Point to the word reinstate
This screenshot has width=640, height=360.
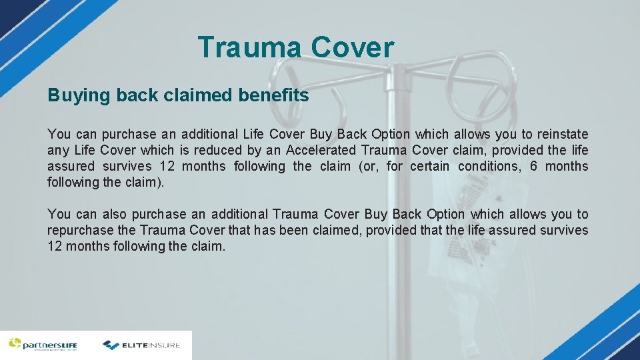pyautogui.click(x=563, y=134)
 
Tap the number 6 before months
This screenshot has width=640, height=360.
pyautogui.click(x=533, y=166)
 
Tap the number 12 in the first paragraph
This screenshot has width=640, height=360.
pyautogui.click(x=167, y=166)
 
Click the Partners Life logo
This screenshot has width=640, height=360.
pyautogui.click(x=43, y=345)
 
